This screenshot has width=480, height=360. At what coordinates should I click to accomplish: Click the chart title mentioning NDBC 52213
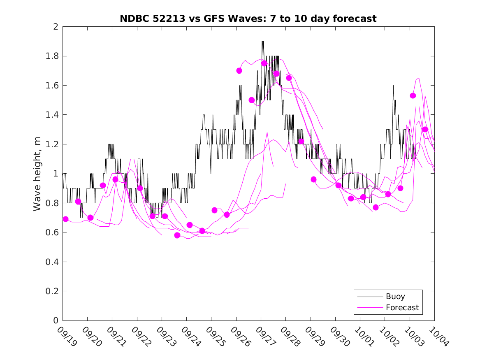248,19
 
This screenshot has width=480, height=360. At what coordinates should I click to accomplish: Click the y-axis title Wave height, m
37,174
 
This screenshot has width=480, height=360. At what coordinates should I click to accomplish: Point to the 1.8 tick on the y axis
53,56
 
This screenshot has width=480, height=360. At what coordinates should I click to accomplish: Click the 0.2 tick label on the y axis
53,291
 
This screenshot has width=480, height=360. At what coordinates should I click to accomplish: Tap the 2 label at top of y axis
56,27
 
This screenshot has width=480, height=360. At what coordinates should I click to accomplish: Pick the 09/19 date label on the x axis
67,337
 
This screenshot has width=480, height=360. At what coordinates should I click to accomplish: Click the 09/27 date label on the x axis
265,337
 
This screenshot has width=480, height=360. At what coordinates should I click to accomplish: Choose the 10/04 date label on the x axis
438,337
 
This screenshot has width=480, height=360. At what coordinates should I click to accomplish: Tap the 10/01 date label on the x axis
364,337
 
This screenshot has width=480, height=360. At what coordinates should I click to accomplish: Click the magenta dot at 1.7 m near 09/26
239,71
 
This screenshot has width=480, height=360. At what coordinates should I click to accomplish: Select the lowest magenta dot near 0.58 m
177,235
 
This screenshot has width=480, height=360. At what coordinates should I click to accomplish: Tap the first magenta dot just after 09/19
65,219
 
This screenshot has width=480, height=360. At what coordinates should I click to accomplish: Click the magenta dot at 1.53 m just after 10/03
413,96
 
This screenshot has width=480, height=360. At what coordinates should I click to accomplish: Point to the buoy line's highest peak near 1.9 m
262,42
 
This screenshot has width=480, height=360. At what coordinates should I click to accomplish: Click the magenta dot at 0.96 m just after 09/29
313,179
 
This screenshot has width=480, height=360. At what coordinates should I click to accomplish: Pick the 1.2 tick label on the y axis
53,144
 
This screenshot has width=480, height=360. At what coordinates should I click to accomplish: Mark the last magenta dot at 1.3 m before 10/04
425,130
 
